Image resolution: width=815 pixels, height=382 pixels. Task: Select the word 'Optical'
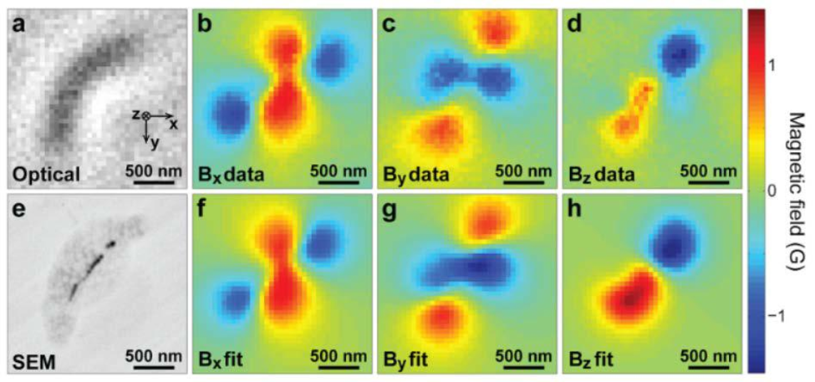pos(46,175)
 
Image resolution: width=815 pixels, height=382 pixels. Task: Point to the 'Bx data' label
pos(230,176)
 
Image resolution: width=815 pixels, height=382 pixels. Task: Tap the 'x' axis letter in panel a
pos(172,123)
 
